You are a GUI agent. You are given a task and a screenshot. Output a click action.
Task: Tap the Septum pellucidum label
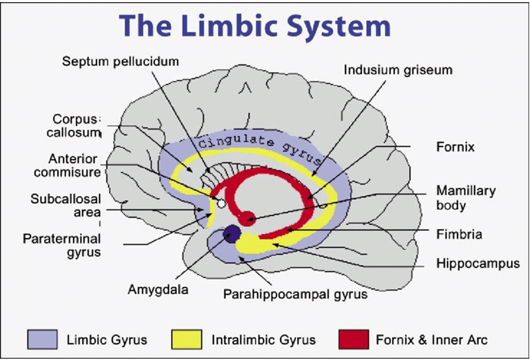[x=121, y=61]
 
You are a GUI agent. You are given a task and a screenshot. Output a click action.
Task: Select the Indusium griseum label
[x=398, y=69]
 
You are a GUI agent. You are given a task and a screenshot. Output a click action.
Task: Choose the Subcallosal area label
[x=66, y=206]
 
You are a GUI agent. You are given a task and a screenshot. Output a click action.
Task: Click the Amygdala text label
[x=158, y=289]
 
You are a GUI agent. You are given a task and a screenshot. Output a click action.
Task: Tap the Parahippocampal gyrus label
[x=295, y=294]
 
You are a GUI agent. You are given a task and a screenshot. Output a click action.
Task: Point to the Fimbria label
[x=459, y=234]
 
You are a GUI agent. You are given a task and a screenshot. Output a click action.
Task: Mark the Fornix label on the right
[x=455, y=147]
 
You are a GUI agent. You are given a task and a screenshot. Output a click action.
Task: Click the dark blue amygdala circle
[x=232, y=234]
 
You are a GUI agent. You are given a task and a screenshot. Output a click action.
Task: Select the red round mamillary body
[x=247, y=218]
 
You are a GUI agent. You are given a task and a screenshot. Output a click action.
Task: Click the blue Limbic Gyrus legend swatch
[x=42, y=339]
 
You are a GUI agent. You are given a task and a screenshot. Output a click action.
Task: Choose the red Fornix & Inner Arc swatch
[x=353, y=339]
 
